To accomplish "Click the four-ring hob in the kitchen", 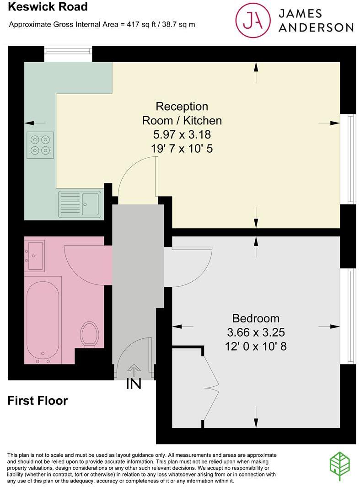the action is (40, 145).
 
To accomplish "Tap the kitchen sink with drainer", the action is (80, 204).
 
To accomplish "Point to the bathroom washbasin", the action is (34, 255).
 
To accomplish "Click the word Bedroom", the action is (256, 318).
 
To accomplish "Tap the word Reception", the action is (182, 106).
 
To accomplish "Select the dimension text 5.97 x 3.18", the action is (182, 134).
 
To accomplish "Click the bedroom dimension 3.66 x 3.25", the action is (256, 332).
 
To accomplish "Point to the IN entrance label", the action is (134, 384).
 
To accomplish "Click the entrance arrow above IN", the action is (134, 369).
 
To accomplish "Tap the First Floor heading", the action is (38, 401).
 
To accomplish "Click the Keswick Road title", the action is (48, 6).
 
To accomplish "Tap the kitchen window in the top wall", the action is (68, 54).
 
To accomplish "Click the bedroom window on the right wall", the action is (348, 316).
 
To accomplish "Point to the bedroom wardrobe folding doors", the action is (211, 388).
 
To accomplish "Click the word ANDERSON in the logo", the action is (316, 27).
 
